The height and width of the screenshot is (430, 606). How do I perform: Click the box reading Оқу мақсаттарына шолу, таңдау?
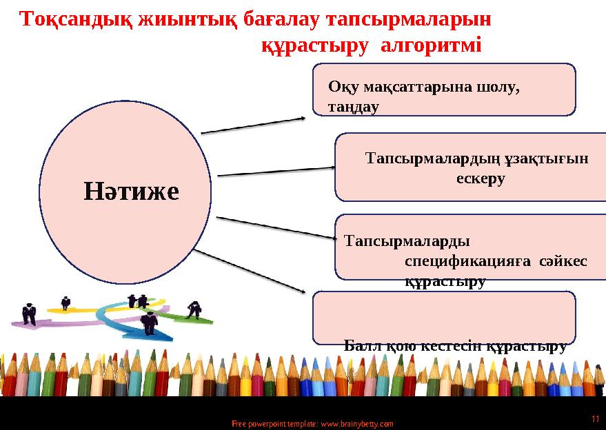pyautogui.click(x=444, y=90)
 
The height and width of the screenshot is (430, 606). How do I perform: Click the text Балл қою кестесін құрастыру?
pyautogui.click(x=454, y=346)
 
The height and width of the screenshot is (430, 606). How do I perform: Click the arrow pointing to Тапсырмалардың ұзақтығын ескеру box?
pyautogui.click(x=276, y=170)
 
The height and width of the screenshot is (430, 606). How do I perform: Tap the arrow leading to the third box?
pyautogui.click(x=276, y=228)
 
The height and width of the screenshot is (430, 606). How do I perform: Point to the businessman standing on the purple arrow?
pyautogui.click(x=29, y=314)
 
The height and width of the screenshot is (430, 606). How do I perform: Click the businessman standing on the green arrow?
pyautogui.click(x=194, y=309)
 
